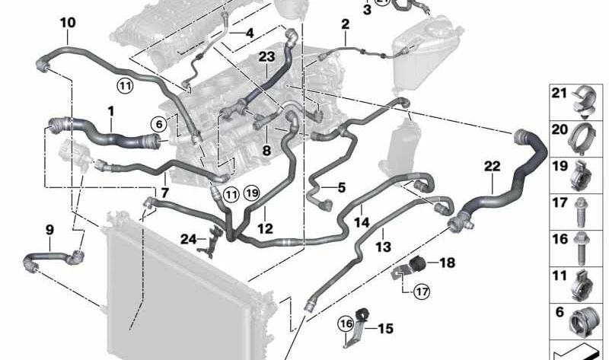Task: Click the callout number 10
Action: coord(68,23)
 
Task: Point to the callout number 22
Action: coord(492,167)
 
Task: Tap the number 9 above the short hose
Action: coord(49,230)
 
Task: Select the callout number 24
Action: coord(188,239)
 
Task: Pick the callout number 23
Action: coord(267,56)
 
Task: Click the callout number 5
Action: coord(341,188)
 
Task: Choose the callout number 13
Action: coord(384,246)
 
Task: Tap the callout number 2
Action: coord(345,24)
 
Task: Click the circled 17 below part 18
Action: coord(422,291)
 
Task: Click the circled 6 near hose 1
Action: coord(159,124)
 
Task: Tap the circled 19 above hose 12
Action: coord(252,193)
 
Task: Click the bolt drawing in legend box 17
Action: coord(580,212)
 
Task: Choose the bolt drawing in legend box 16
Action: coord(580,248)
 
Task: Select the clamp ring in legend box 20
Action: coord(581,139)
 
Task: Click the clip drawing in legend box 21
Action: coord(583,101)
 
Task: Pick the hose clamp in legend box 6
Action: coord(582,321)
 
